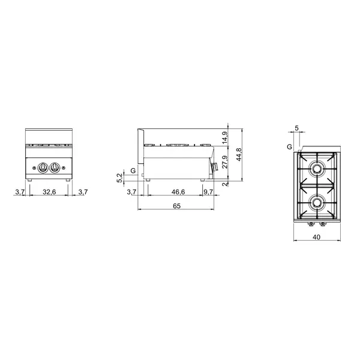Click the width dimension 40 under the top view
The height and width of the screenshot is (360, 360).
tap(316, 238)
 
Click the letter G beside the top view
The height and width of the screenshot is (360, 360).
tap(289, 146)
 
